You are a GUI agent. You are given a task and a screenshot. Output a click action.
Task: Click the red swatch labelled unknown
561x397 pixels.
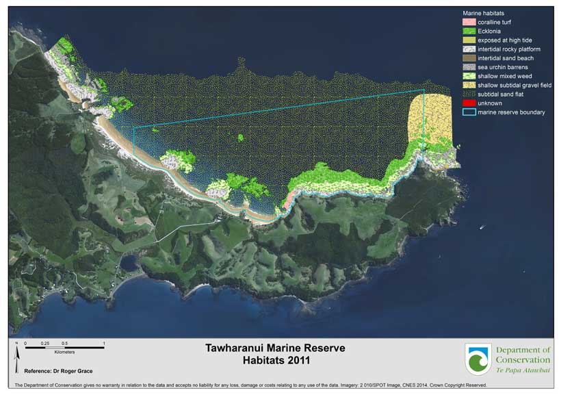(469, 103)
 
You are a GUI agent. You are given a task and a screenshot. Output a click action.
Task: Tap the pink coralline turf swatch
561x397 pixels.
(469, 23)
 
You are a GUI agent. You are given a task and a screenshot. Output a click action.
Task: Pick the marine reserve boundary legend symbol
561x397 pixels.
(469, 112)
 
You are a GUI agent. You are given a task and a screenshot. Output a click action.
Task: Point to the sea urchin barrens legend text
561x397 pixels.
(502, 67)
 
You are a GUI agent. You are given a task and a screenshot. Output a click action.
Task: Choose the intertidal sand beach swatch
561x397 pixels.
(469, 58)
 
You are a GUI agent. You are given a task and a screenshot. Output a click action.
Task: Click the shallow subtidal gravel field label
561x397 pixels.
(514, 85)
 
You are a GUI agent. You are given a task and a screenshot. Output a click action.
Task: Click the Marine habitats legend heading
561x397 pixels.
(483, 13)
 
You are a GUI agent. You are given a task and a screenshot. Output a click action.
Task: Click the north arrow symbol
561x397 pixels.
(16, 351)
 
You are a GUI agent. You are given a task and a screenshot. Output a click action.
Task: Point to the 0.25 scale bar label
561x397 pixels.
(44, 342)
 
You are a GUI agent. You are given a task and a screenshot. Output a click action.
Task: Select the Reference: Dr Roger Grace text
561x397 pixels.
(57, 371)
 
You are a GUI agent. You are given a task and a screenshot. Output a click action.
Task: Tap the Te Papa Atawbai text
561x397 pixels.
(523, 370)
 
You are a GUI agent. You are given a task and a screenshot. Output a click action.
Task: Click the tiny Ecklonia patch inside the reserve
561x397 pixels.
(241, 138)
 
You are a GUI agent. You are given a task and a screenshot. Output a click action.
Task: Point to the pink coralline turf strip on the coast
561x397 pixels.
(289, 201)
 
